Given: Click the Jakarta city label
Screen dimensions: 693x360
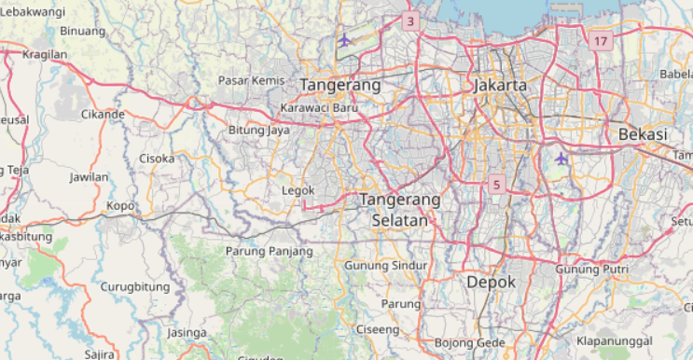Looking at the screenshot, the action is pos(500,85).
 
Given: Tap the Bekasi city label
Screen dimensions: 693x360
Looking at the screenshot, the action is pos(643,134).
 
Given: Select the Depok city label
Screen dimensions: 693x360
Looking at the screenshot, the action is pos(491,281).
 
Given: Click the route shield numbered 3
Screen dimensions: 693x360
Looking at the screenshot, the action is pos(410,21).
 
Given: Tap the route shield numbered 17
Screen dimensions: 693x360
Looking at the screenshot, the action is pos(600,41).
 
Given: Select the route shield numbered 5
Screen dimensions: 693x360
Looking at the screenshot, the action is pos(496,185).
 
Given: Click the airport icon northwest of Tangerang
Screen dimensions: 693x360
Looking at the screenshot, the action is pos(345,39).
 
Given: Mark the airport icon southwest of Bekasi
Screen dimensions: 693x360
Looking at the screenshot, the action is pos(561,159).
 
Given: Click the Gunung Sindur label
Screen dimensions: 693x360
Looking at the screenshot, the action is pos(385,266).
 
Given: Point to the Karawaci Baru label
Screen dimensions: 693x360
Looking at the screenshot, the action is pos(320,107).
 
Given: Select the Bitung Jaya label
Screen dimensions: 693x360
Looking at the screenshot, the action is pos(258,131).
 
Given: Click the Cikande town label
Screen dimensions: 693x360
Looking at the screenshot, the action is pos(103,115).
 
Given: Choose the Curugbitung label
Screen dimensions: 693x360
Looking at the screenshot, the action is pos(134,286).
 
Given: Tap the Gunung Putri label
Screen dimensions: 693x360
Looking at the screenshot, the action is pos(593,270).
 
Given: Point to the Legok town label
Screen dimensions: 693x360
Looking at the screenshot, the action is pos(298,191).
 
